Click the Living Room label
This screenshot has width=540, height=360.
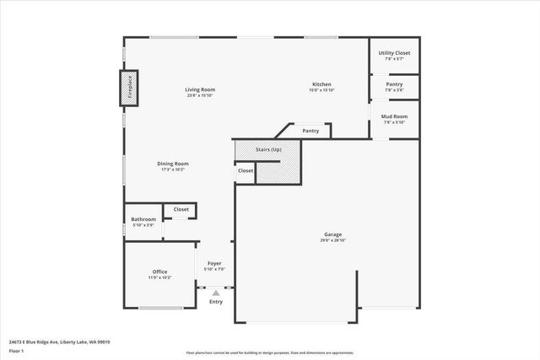click(x=201, y=89)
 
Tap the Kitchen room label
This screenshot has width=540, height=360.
click(x=321, y=84)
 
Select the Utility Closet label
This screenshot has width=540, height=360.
click(x=394, y=53)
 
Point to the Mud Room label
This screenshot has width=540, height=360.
click(x=394, y=116)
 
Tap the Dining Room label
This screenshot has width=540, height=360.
click(x=173, y=164)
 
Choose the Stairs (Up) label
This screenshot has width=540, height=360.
click(x=268, y=149)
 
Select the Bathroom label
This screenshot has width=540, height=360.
click(x=143, y=220)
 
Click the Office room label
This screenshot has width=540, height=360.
click(x=159, y=271)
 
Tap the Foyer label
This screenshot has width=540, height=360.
click(x=214, y=263)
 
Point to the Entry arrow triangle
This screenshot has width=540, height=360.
click(x=215, y=292)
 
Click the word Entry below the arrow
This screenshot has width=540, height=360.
click(x=216, y=302)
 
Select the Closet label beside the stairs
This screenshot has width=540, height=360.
click(x=245, y=170)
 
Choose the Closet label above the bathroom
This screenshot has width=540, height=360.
click(x=181, y=209)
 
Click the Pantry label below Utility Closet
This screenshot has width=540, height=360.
click(x=394, y=84)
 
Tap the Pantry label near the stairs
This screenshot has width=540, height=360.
click(x=310, y=131)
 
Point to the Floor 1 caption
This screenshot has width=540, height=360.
click(x=16, y=350)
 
